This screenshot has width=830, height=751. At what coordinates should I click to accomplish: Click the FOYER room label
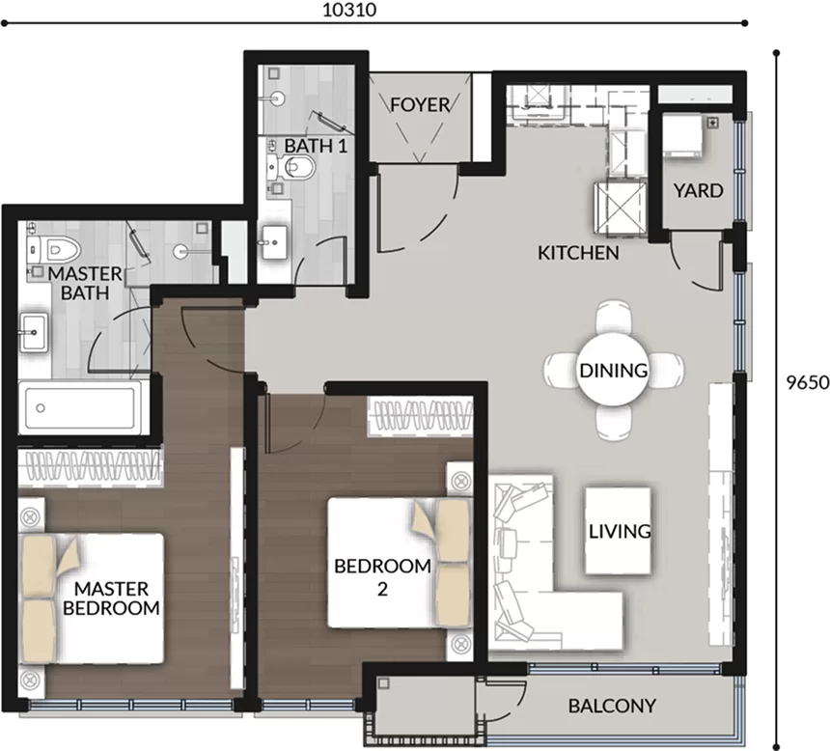pyautogui.click(x=420, y=105)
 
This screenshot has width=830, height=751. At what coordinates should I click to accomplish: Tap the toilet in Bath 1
pyautogui.click(x=291, y=167)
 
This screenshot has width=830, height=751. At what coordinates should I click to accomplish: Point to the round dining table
pyautogui.click(x=614, y=371)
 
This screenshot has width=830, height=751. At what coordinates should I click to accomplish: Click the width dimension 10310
pyautogui.click(x=349, y=10)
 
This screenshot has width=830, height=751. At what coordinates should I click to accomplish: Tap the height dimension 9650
pyautogui.click(x=807, y=382)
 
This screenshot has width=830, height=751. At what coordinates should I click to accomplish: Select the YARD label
pyautogui.click(x=698, y=191)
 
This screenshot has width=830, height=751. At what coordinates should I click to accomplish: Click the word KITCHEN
pyautogui.click(x=578, y=253)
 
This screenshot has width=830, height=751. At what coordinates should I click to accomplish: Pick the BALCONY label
pyautogui.click(x=612, y=706)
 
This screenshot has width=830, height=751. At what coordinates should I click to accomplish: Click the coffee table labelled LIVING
pyautogui.click(x=619, y=531)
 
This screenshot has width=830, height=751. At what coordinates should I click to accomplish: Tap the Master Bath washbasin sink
pyautogui.click(x=34, y=332)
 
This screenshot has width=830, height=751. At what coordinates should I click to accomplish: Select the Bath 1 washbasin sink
pyautogui.click(x=275, y=242)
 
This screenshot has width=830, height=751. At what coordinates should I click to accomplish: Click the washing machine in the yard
pyautogui.click(x=683, y=135)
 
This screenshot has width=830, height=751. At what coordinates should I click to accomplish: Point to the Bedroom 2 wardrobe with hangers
pyautogui.click(x=421, y=416)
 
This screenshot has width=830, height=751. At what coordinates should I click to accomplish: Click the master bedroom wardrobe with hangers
pyautogui.click(x=89, y=467)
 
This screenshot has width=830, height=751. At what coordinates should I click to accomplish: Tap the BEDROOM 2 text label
pyautogui.click(x=383, y=577)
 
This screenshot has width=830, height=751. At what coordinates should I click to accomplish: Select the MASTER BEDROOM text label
pyautogui.click(x=111, y=598)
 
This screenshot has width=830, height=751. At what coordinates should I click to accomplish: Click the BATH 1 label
pyautogui.click(x=316, y=146)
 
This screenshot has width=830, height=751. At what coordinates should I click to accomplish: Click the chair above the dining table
pyautogui.click(x=614, y=317)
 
